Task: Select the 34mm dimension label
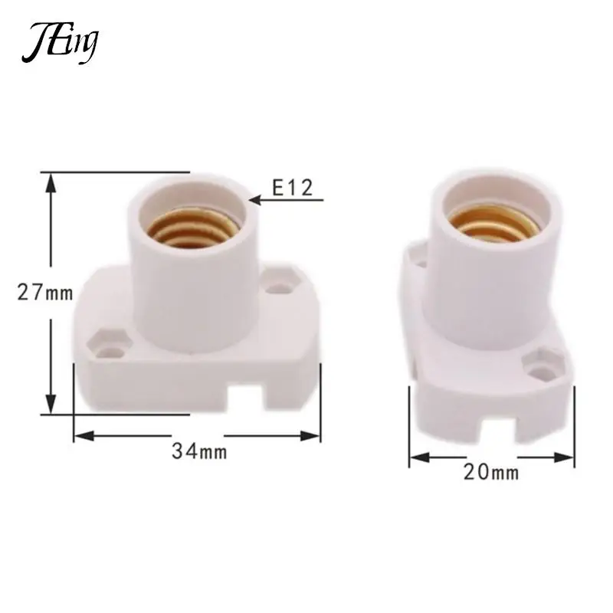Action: click(x=198, y=451)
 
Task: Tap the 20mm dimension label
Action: click(x=490, y=473)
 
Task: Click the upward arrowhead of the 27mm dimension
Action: click(x=51, y=182)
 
